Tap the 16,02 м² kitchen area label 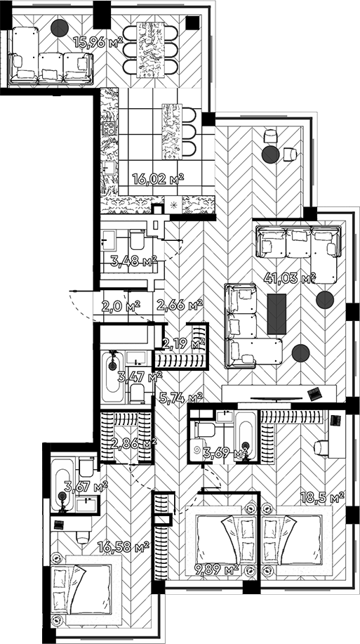158,179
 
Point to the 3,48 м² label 133,263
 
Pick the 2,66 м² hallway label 180,305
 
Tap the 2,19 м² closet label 183,343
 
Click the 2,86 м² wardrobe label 133,443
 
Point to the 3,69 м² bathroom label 225,454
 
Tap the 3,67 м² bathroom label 85,485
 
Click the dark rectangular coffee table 277,313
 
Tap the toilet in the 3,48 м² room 138,243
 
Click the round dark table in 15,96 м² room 60,27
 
